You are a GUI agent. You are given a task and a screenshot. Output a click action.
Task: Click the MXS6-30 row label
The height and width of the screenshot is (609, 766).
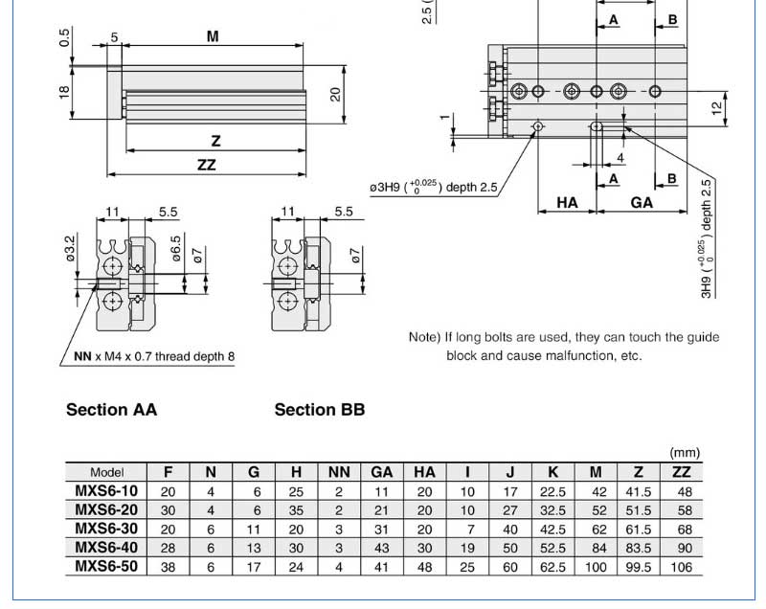click(106, 530)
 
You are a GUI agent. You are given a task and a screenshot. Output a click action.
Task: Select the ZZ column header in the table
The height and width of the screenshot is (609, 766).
click(681, 472)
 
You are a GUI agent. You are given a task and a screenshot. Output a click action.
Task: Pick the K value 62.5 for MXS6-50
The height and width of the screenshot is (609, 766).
click(554, 567)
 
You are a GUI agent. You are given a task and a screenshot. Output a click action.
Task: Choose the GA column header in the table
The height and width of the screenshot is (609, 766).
click(382, 472)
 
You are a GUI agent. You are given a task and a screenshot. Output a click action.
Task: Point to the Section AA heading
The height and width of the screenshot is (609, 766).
click(111, 410)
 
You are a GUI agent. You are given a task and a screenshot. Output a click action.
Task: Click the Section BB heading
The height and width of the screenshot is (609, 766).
click(320, 410)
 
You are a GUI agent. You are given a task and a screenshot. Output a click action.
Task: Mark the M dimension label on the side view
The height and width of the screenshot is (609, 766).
click(213, 36)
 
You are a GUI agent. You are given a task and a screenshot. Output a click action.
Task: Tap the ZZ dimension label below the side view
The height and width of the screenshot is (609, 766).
click(206, 165)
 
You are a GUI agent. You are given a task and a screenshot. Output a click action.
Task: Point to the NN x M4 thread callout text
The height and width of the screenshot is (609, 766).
click(154, 357)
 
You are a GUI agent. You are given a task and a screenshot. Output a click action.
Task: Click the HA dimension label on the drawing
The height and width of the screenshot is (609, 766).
click(567, 203)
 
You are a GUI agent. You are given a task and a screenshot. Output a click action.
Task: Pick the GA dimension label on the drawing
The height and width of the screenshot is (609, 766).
click(642, 203)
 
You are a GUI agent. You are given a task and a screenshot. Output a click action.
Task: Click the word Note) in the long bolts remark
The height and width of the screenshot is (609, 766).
click(424, 337)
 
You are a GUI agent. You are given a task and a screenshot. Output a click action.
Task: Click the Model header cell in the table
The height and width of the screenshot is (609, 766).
click(106, 472)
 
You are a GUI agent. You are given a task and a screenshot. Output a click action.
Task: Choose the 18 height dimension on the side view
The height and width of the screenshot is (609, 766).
click(64, 92)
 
